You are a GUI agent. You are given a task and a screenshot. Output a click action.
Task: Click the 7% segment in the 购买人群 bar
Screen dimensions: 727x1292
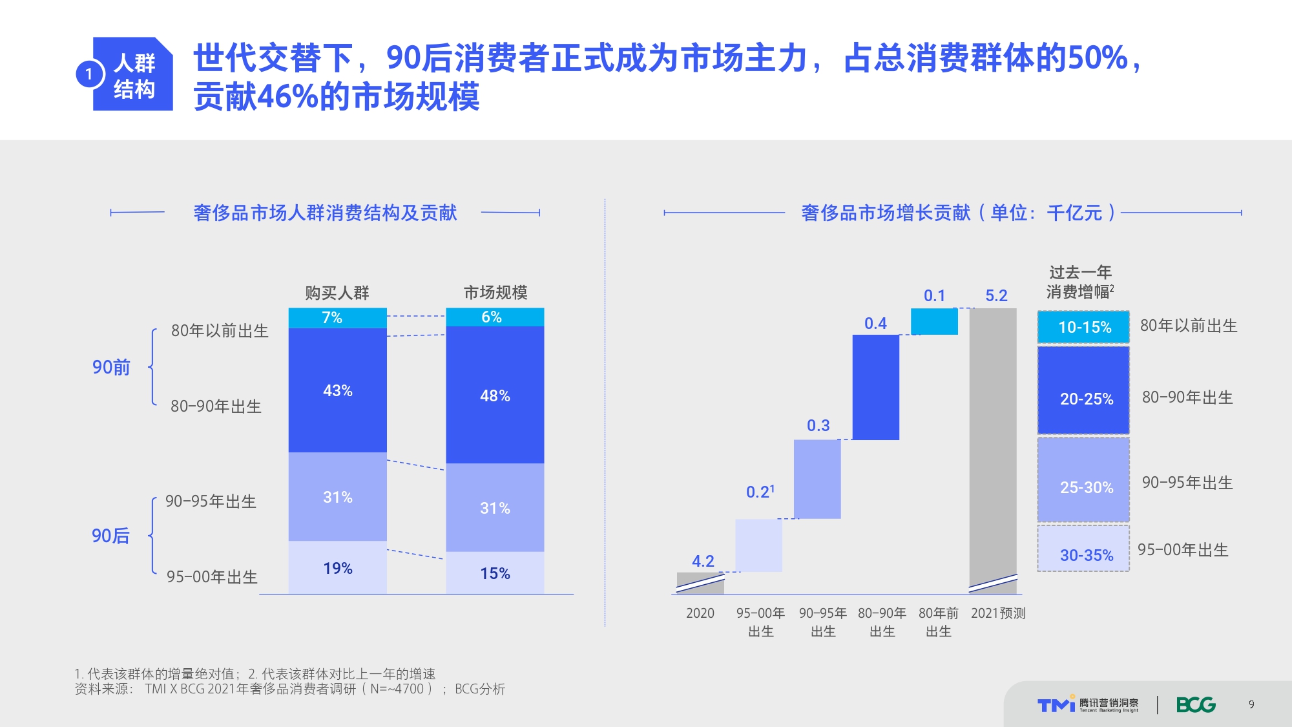[337, 318]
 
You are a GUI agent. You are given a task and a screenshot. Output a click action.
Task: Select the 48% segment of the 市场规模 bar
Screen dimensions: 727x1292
[495, 395]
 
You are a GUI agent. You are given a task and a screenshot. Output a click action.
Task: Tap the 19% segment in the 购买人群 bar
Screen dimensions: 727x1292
[337, 567]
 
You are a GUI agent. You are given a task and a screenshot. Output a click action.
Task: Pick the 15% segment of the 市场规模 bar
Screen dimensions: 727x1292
[495, 573]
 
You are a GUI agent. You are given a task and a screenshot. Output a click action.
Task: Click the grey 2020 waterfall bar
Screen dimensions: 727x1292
[700, 583]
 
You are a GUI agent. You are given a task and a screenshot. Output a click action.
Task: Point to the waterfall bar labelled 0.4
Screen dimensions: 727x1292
[875, 387]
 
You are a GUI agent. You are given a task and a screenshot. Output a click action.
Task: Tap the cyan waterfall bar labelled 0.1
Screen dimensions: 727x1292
[934, 321]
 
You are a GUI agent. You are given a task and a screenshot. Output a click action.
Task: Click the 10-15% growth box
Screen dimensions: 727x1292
[1083, 327]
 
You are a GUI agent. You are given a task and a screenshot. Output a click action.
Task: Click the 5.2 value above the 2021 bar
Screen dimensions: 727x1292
[996, 296]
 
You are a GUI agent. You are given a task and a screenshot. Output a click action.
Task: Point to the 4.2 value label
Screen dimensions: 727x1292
[703, 561]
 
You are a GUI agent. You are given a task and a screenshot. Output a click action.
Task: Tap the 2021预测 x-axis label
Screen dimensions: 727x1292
[998, 613]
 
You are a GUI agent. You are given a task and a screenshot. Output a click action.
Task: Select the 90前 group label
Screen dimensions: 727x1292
[111, 367]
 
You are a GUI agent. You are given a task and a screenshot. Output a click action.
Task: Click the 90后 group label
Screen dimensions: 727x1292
[110, 536]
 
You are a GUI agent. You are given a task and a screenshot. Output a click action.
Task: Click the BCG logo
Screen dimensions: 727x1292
[1196, 704]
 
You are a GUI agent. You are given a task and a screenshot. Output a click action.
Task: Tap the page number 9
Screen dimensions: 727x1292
[1251, 704]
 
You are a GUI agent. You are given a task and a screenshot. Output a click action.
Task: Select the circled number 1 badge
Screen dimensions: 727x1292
[89, 74]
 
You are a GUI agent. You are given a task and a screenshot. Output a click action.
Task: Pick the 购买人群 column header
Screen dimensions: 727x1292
[337, 293]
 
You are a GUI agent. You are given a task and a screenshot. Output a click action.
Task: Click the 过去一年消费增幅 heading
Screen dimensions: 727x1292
[1079, 282]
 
